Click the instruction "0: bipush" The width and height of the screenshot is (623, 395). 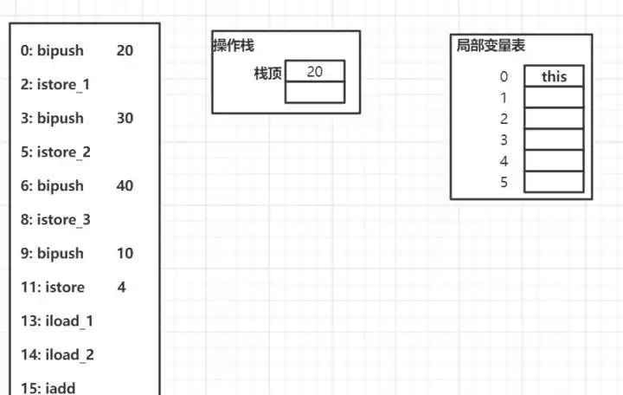click(52, 51)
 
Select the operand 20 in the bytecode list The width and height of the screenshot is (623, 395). click(125, 51)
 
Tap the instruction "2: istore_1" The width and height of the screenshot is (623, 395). click(55, 85)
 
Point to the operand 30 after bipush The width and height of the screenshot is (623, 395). click(125, 119)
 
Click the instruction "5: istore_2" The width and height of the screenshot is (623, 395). click(55, 152)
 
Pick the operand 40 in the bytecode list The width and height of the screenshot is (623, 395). click(125, 186)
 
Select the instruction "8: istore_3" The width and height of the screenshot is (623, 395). click(55, 220)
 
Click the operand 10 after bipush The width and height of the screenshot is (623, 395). click(125, 254)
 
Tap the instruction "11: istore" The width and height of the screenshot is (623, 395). click(53, 288)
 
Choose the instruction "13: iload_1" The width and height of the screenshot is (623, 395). click(57, 321)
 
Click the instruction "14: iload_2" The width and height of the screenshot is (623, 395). click(57, 355)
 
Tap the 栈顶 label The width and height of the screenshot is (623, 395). click(267, 73)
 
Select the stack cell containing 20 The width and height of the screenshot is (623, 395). click(315, 71)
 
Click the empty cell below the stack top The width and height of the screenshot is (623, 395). click(315, 92)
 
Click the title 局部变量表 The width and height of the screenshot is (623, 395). click(491, 46)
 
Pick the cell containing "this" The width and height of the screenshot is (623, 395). click(554, 76)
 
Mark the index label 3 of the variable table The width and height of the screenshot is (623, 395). click(504, 140)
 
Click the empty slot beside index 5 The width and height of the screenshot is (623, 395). click(554, 182)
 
